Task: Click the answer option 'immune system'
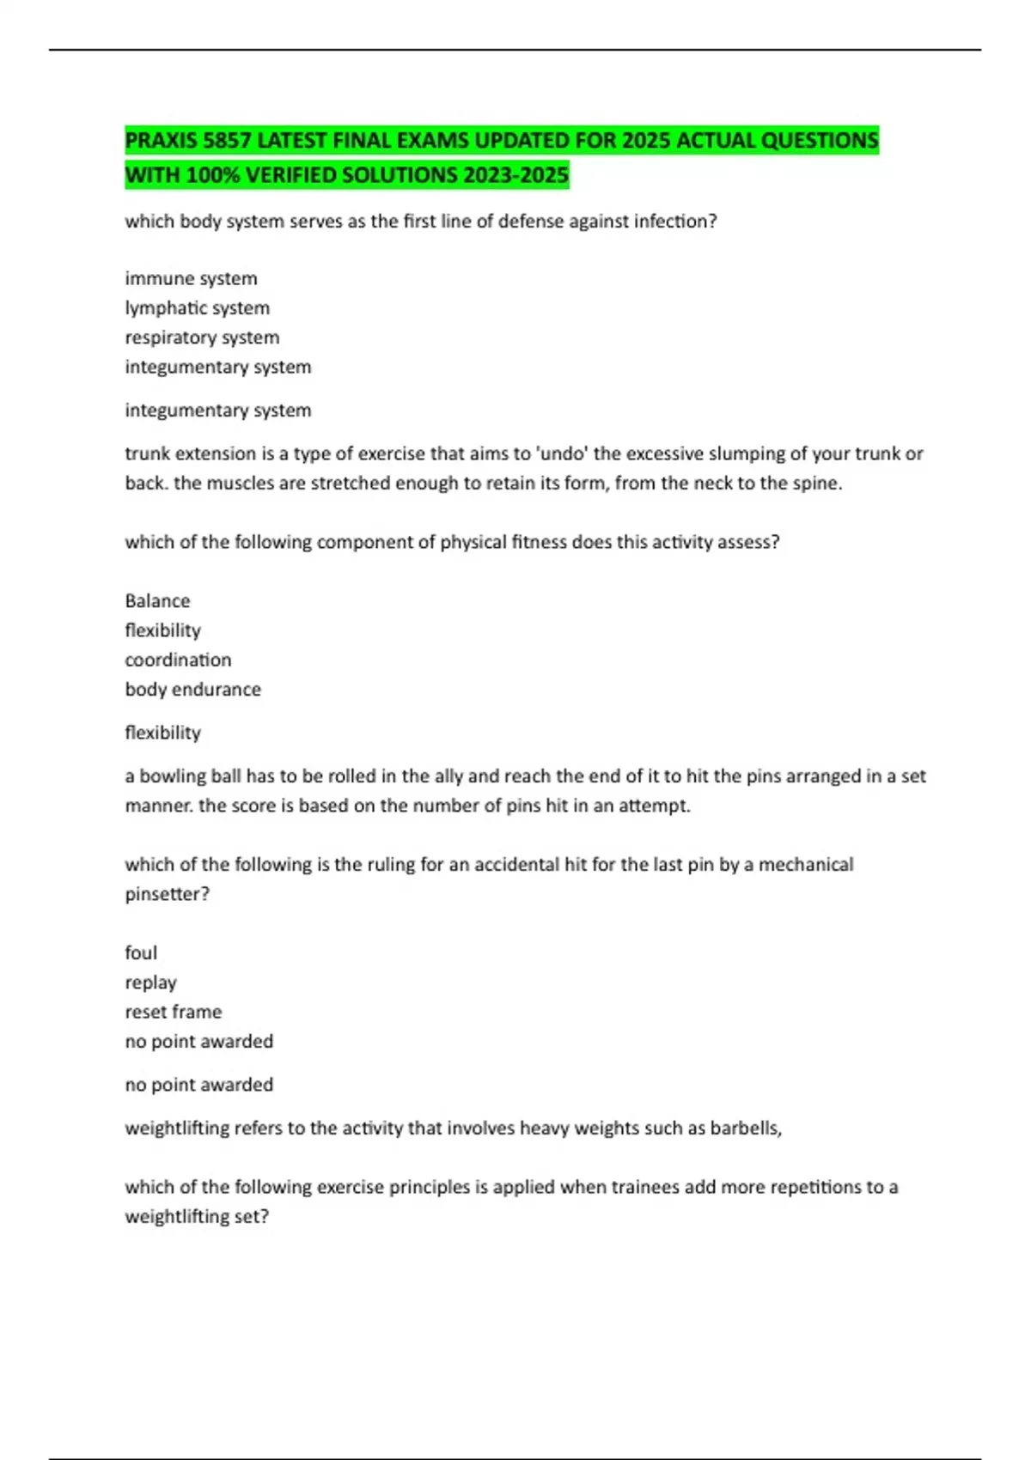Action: point(191,278)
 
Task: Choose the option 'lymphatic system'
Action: point(197,307)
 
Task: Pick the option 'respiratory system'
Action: point(202,338)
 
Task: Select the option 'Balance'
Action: point(157,600)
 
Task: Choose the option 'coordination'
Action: point(178,660)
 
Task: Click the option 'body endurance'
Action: point(192,689)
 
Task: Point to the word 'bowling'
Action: point(173,776)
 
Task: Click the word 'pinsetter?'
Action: point(167,894)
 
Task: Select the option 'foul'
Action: point(141,952)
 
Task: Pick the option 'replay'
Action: point(150,982)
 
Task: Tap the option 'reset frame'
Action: point(173,1012)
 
